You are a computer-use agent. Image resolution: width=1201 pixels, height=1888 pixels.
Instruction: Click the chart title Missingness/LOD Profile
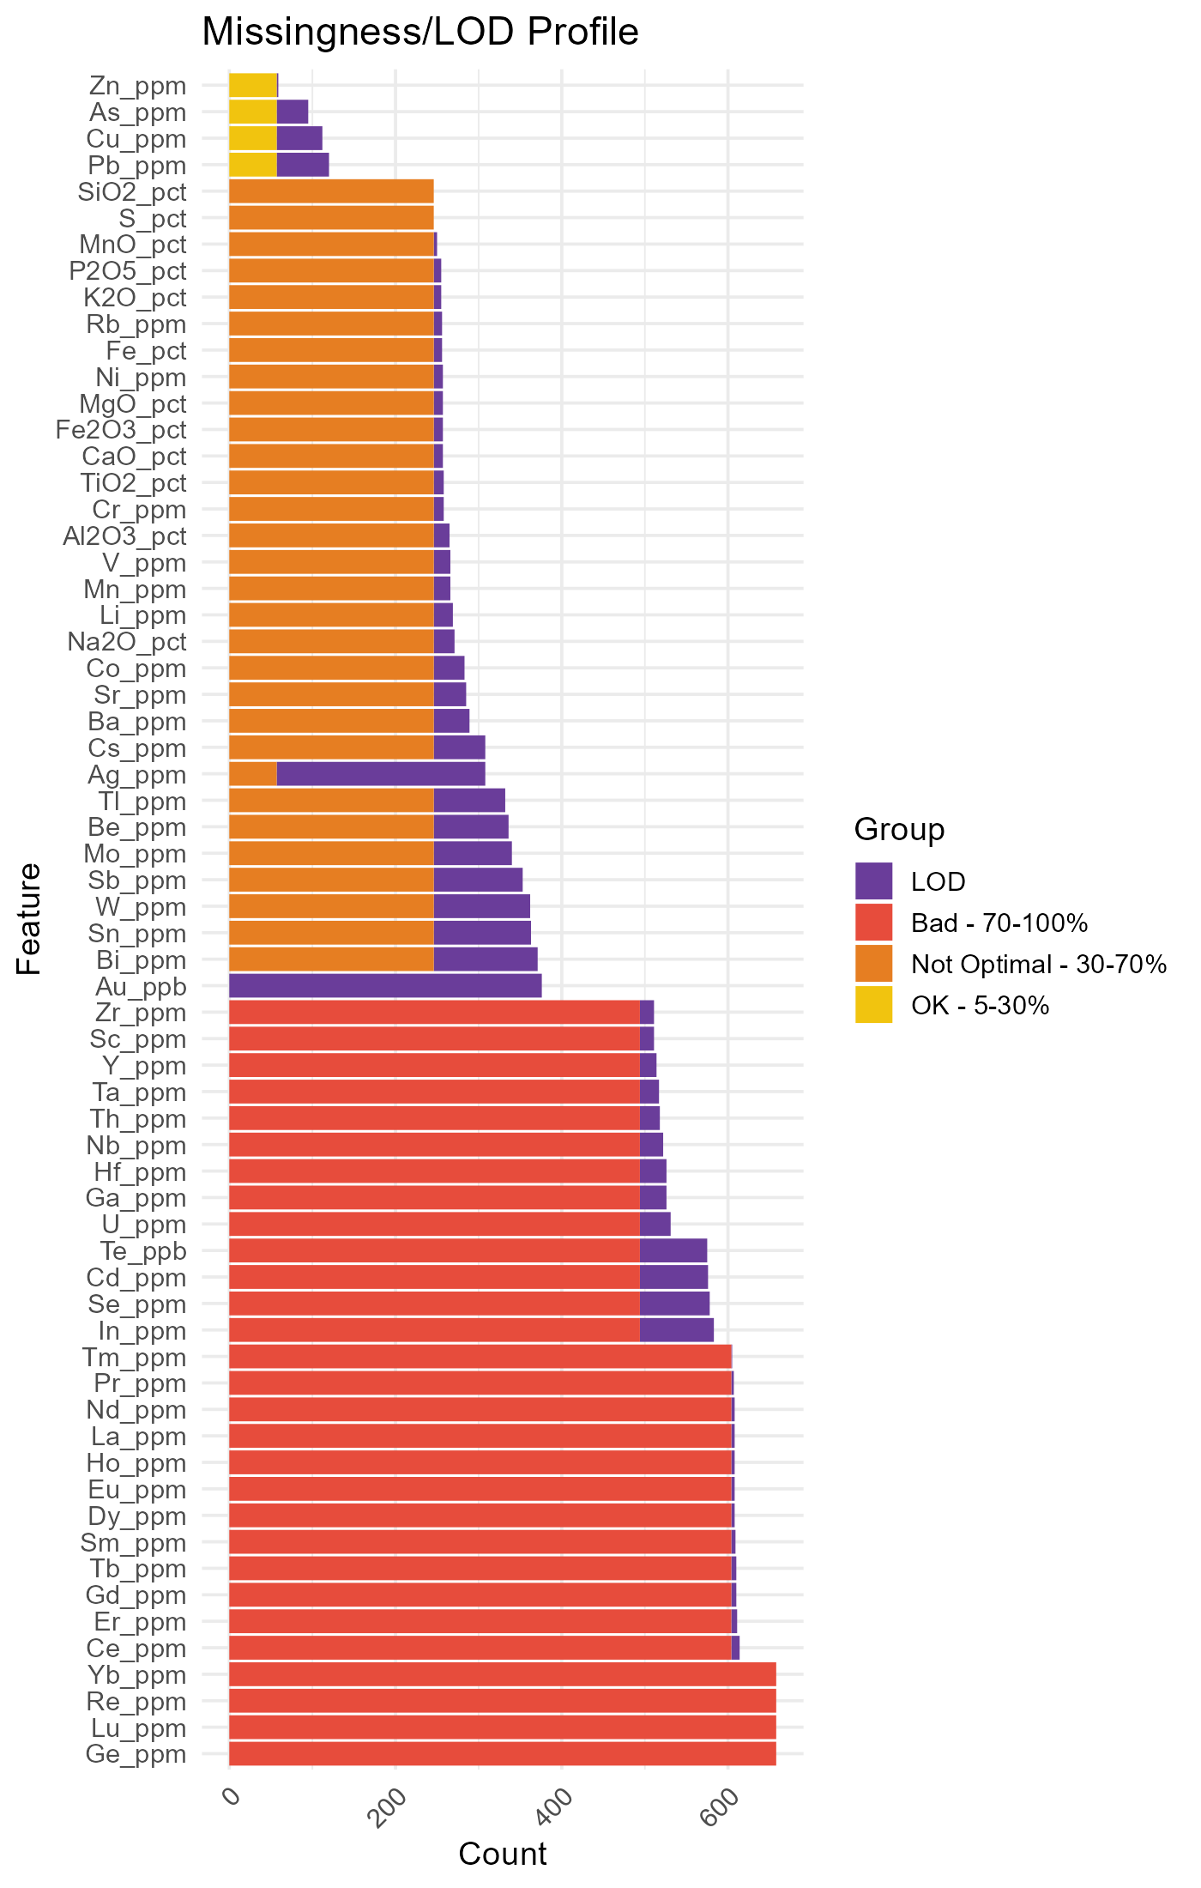click(419, 33)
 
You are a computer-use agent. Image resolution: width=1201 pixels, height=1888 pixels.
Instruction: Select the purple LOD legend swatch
click(873, 881)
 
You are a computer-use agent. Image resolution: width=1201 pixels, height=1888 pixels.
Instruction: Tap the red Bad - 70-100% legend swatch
click(873, 923)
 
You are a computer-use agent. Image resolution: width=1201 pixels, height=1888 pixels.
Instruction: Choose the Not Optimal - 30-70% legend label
click(1038, 965)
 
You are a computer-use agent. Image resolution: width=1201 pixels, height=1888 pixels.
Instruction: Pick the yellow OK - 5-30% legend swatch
click(873, 1005)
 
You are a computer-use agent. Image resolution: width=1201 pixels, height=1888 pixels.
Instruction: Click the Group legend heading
click(899, 830)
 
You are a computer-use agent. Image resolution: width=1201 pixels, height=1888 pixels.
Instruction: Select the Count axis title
click(502, 1854)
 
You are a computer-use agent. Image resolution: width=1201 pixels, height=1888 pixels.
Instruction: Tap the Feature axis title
click(29, 918)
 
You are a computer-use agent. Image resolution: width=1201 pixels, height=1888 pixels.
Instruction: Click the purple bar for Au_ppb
click(385, 986)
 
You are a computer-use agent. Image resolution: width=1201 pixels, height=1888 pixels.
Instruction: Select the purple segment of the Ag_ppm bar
click(381, 775)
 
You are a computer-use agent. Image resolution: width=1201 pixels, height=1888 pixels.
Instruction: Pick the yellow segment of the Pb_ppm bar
click(253, 165)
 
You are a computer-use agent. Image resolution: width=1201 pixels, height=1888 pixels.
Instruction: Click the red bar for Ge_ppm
click(502, 1753)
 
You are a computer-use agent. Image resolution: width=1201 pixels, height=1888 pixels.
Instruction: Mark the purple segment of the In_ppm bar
click(676, 1330)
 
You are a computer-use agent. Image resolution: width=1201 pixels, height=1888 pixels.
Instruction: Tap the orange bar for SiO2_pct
click(331, 191)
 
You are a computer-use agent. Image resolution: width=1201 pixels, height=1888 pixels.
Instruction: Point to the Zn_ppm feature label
click(137, 86)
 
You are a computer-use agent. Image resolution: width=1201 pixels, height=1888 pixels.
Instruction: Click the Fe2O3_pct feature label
click(121, 429)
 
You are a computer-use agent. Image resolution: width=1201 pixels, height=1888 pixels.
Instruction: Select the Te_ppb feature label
click(143, 1251)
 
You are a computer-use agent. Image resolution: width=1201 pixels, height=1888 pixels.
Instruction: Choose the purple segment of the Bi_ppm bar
click(486, 959)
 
